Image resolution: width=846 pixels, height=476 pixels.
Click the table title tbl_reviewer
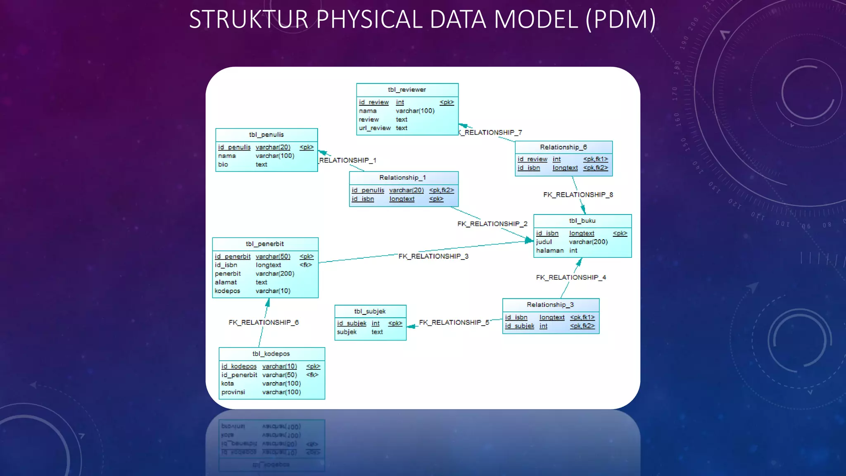406,90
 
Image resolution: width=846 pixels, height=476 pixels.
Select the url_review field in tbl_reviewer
374,128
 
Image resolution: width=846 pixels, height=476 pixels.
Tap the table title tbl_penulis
266,135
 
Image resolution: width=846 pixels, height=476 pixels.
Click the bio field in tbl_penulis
223,164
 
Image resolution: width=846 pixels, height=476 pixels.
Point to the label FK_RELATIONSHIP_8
577,195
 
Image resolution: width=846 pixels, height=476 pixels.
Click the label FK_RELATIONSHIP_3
433,256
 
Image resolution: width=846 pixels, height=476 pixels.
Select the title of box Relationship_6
563,147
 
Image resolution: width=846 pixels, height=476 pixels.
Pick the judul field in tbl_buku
544,242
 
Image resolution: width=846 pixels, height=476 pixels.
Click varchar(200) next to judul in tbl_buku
588,242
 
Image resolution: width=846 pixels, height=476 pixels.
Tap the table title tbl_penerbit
264,244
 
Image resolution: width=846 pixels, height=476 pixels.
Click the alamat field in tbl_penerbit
226,282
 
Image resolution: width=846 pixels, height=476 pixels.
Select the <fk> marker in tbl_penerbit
306,265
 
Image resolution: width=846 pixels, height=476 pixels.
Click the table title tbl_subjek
370,311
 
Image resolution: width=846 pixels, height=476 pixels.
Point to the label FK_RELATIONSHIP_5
454,322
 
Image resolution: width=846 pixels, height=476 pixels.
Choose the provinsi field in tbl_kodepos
233,392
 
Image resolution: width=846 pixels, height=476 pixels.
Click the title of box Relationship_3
550,305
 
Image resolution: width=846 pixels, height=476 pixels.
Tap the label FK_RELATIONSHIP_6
264,322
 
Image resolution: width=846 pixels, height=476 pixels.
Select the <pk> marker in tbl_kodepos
313,367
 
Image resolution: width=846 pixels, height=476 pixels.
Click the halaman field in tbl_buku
549,250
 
